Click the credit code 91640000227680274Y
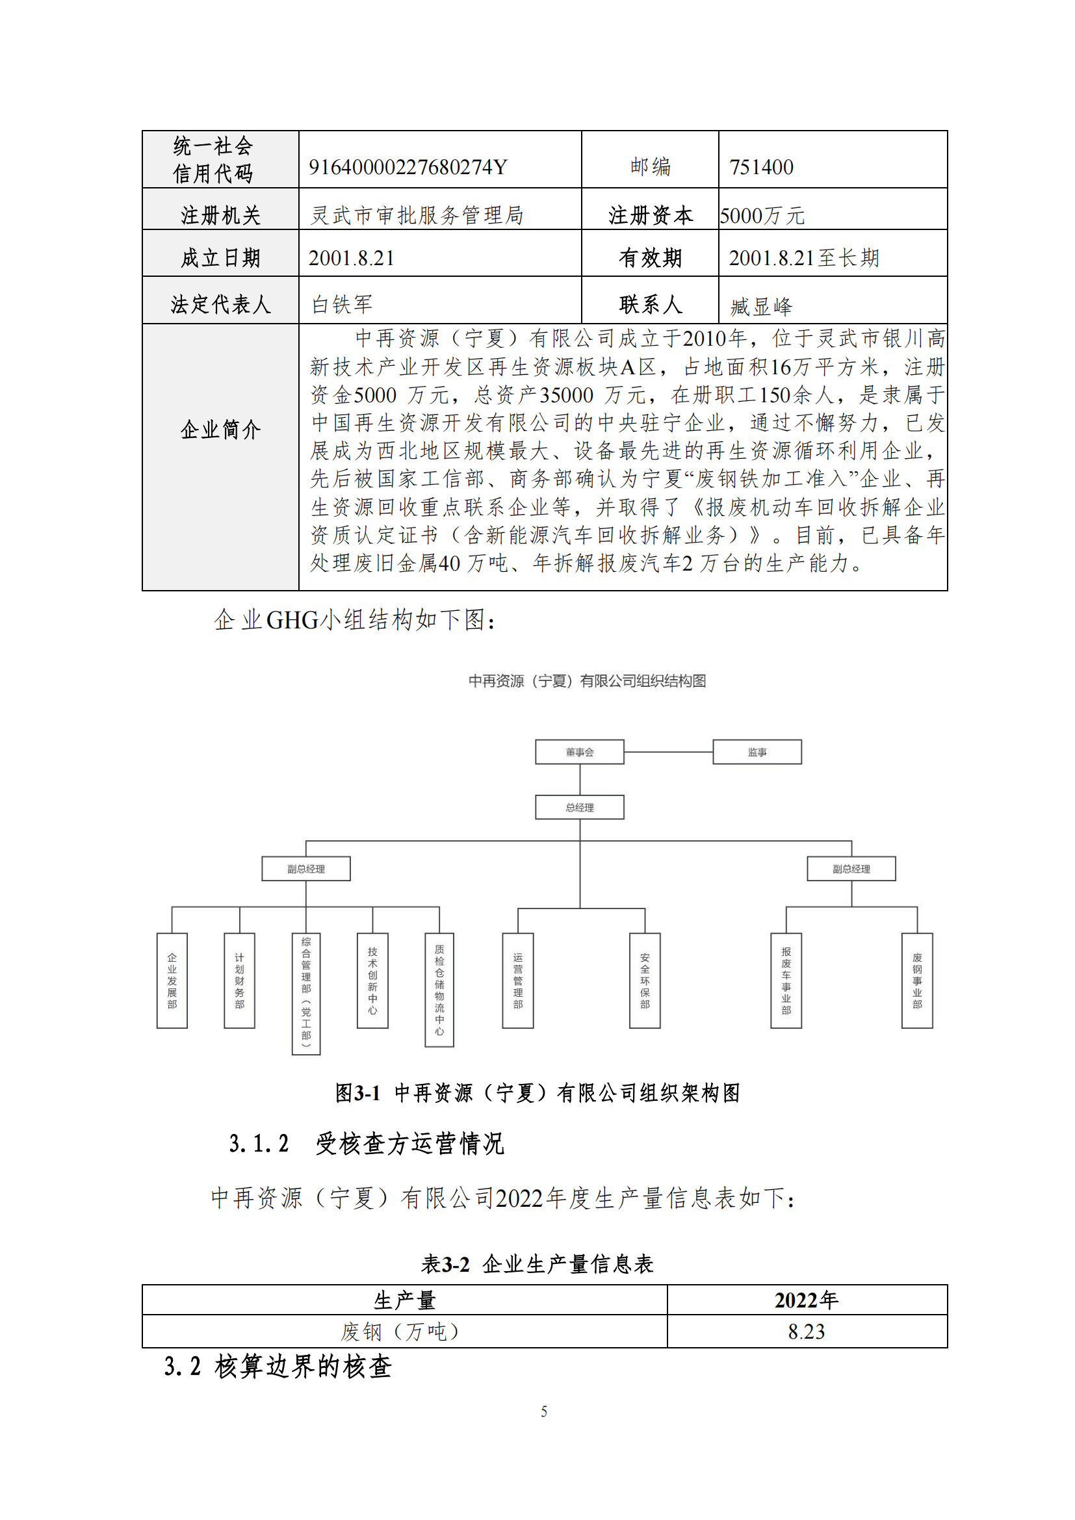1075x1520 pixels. (408, 167)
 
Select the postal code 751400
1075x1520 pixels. (761, 167)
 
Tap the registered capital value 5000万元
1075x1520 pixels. (762, 216)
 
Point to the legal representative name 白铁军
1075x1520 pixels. (343, 305)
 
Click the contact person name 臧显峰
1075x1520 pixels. (761, 307)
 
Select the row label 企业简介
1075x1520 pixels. (220, 430)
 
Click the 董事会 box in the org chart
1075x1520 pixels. (579, 752)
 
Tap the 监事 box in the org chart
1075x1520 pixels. (757, 752)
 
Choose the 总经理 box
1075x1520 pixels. (579, 808)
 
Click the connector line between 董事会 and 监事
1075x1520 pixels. (668, 752)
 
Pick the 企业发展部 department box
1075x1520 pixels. (172, 981)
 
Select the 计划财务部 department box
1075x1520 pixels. (239, 981)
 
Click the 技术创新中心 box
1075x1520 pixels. (372, 981)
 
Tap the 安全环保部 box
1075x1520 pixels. (645, 981)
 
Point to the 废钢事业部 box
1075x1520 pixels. (917, 981)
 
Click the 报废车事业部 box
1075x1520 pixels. (786, 981)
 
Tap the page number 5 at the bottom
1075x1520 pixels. (543, 1411)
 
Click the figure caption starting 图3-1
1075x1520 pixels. (537, 1093)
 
